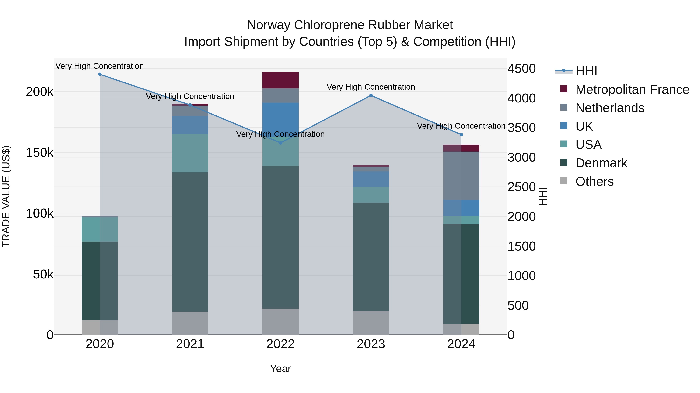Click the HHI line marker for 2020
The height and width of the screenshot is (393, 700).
(100, 74)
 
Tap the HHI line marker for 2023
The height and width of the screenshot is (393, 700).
(371, 95)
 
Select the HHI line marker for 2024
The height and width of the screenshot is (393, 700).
(461, 135)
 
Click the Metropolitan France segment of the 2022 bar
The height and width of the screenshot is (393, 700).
(280, 80)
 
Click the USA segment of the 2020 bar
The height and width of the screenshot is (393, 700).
(100, 229)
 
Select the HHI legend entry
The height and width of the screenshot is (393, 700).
(586, 71)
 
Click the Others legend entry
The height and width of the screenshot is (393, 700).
(594, 181)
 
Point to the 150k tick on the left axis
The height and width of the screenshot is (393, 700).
(40, 153)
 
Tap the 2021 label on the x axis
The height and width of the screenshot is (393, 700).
(190, 344)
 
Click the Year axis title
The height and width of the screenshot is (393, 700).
(280, 369)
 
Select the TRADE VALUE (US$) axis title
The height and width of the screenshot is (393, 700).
(6, 196)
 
